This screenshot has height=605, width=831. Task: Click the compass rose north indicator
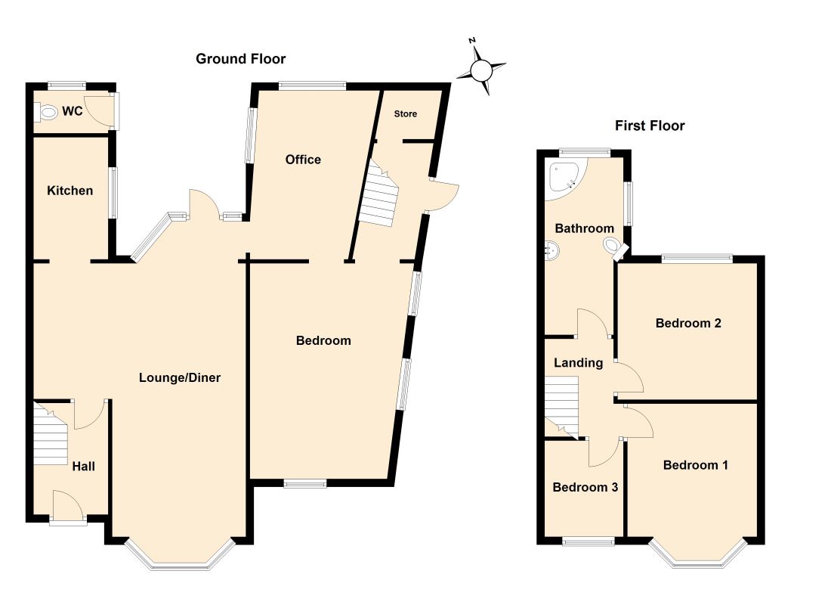(x=481, y=70)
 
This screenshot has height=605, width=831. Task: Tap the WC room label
(x=73, y=112)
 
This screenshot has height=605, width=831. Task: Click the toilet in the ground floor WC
(x=48, y=113)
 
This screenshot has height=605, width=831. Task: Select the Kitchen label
(x=70, y=191)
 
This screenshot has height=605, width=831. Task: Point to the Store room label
(x=406, y=114)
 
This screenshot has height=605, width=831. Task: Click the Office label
(x=303, y=160)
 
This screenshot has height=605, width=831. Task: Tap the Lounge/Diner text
(x=180, y=377)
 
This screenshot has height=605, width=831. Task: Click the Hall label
(x=83, y=467)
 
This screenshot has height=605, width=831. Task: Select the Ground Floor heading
(x=241, y=59)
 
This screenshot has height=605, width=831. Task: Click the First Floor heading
(x=650, y=126)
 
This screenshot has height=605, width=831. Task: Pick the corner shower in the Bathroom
(x=564, y=176)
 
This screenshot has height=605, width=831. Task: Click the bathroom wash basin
(x=552, y=248)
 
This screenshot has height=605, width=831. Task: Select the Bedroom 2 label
(x=688, y=323)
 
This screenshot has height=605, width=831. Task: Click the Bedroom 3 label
(x=585, y=487)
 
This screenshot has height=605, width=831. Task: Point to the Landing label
(x=579, y=363)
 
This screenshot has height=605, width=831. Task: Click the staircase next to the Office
(x=378, y=199)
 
